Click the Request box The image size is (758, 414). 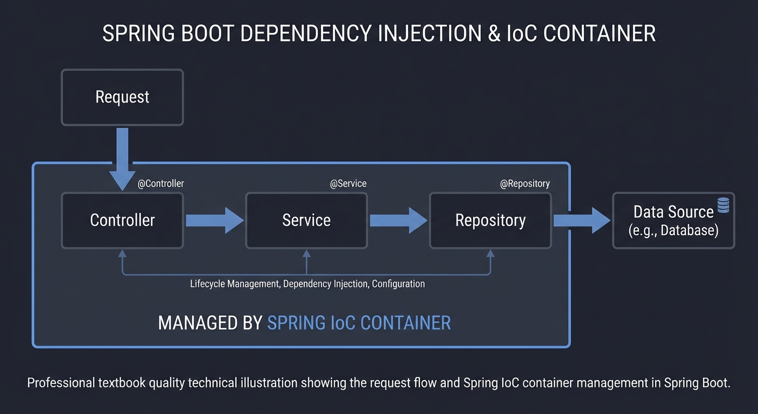(x=122, y=97)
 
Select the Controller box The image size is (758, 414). (x=122, y=220)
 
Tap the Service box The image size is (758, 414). (x=306, y=220)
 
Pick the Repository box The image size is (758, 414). (x=490, y=220)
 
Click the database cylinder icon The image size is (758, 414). (x=724, y=205)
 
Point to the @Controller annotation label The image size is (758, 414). (x=160, y=184)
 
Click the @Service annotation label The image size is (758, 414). (x=348, y=184)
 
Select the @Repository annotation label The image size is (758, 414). (x=525, y=184)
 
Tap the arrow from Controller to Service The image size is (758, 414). (x=214, y=220)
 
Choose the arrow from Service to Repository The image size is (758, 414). (x=398, y=220)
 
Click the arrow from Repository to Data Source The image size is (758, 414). (x=581, y=220)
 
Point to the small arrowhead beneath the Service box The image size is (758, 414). (x=306, y=253)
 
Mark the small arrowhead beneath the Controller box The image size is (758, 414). (x=122, y=253)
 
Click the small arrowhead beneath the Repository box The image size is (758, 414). (x=490, y=253)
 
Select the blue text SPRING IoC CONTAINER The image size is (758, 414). (x=359, y=323)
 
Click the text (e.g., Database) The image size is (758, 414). (x=673, y=231)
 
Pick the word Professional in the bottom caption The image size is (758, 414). (x=60, y=383)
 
